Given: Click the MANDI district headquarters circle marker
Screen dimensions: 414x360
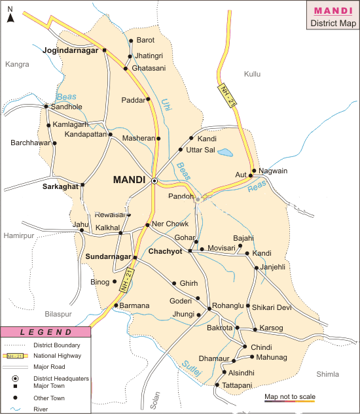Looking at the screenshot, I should click(154, 181).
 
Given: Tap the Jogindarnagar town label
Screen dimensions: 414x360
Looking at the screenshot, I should click(70, 50).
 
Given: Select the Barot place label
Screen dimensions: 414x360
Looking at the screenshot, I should click(145, 41).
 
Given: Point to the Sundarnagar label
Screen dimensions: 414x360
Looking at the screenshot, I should click(108, 257).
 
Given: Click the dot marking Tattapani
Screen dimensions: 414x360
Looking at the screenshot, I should click(217, 385).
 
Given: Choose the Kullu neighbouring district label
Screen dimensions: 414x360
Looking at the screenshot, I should click(252, 75).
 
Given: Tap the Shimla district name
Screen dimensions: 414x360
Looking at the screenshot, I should click(328, 374).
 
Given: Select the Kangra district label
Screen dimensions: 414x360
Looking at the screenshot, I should click(17, 64).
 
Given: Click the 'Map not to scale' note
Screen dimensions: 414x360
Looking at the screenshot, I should click(290, 396).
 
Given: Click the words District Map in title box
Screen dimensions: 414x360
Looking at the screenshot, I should click(333, 24).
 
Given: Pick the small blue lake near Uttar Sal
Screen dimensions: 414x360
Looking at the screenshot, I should click(225, 153).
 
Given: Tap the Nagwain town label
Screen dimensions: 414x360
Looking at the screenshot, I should click(273, 171).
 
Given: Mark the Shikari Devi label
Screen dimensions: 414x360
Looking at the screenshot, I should click(272, 307).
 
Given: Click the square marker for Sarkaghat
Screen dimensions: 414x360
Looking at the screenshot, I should click(82, 185).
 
